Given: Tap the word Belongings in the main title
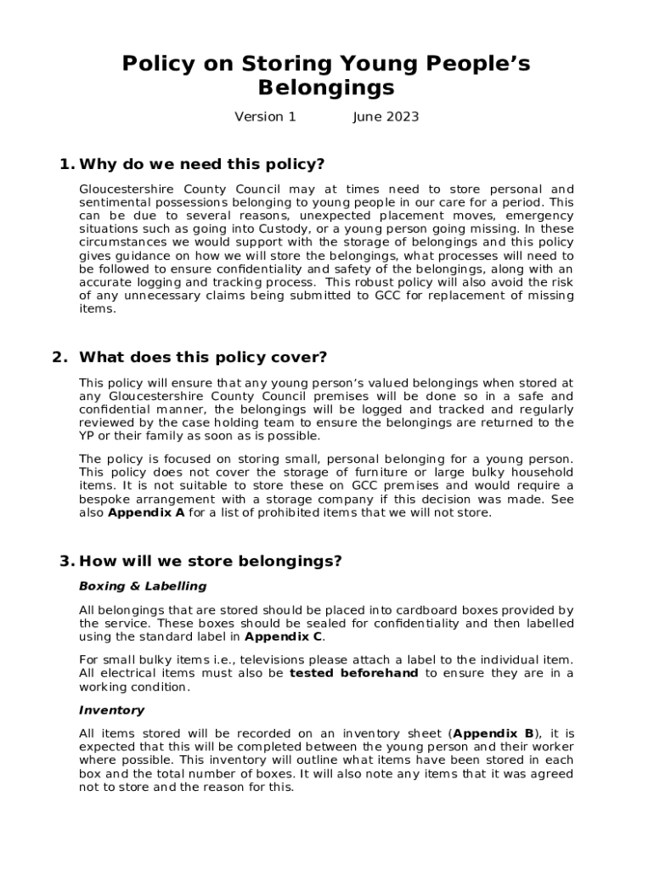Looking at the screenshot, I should (326, 88).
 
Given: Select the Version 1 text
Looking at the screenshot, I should (265, 117).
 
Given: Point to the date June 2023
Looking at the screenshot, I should (386, 117).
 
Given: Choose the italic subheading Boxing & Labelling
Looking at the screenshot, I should (142, 586).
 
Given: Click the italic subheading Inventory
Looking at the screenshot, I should (111, 710).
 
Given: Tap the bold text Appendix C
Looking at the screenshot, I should (283, 636).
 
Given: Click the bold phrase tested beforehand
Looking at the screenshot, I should (353, 674).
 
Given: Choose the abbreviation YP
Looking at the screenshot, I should (88, 436).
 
